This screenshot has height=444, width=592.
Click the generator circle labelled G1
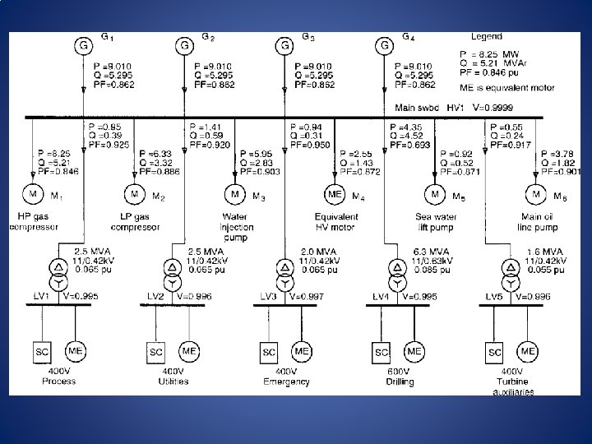83,46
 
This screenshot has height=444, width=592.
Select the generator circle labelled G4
384,46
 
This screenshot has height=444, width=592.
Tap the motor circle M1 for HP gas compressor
35,195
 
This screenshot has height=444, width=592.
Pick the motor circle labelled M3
235,195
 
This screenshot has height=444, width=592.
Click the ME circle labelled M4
335,195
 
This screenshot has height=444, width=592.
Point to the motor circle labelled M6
536,195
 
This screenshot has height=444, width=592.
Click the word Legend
486,37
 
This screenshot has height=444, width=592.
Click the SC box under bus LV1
43,352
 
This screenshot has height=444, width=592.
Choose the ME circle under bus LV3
302,351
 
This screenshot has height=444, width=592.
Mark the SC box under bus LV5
494,352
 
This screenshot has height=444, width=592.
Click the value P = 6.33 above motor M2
157,153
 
